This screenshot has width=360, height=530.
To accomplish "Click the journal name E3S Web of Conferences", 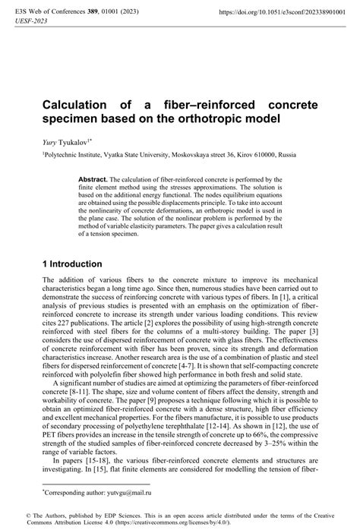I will (x=46, y=13).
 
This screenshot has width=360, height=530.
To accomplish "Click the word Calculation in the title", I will (x=78, y=104).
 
